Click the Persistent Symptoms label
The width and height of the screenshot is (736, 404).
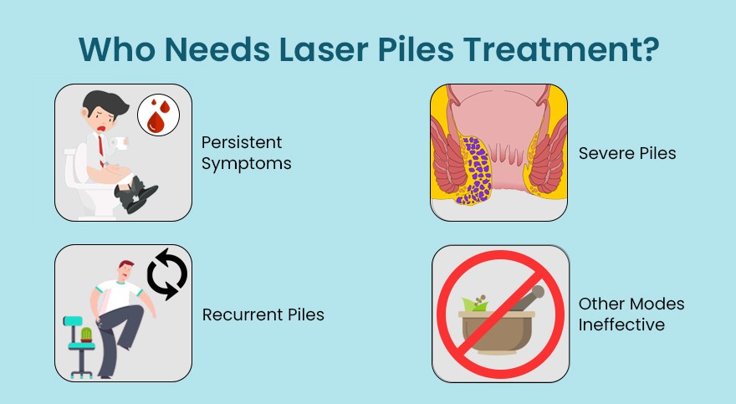[245, 153]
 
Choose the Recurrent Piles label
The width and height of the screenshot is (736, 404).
[263, 315]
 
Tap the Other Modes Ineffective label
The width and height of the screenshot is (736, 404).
[631, 313]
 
